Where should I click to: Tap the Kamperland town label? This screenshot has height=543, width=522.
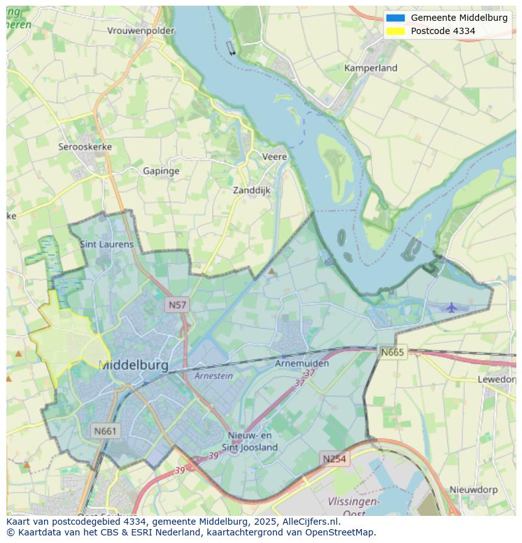point(371,67)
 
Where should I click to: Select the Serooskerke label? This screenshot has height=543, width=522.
point(85,146)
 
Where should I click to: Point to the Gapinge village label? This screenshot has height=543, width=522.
point(161,171)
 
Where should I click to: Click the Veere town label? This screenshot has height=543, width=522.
point(274,156)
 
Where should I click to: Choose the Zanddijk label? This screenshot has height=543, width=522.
point(252,190)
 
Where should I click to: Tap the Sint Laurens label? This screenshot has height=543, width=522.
point(107,244)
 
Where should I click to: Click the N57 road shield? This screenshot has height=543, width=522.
point(177,305)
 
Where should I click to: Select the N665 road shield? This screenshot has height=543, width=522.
point(393,352)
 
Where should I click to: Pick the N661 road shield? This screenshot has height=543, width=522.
point(105,431)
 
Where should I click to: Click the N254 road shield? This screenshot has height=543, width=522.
point(334,458)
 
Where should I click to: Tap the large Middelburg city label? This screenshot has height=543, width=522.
point(134,365)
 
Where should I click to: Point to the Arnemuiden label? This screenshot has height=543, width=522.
point(302,364)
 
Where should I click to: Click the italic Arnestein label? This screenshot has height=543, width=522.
point(214,376)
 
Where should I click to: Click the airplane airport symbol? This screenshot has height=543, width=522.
point(451,308)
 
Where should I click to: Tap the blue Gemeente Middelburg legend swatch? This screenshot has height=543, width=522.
point(395,18)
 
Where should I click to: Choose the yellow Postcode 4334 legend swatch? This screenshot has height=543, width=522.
point(395,31)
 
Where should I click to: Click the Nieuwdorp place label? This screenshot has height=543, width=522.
point(473,489)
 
